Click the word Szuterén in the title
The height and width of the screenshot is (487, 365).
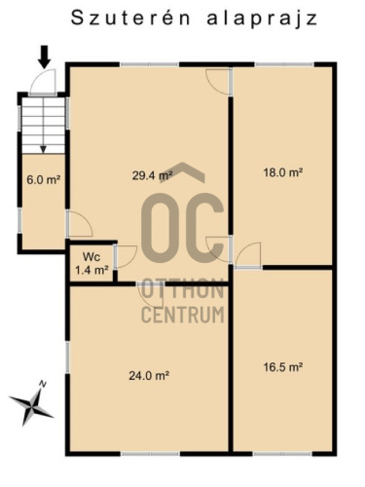(x=130, y=19)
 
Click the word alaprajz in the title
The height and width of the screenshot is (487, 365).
(x=262, y=19)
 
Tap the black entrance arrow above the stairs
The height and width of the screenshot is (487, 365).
(x=44, y=56)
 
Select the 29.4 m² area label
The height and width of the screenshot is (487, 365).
(x=152, y=175)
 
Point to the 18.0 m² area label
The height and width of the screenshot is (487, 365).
(x=283, y=172)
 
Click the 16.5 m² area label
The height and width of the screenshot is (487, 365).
(x=283, y=367)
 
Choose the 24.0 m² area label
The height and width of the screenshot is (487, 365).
(x=149, y=376)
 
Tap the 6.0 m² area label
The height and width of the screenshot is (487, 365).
(x=44, y=179)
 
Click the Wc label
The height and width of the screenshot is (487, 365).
(x=91, y=257)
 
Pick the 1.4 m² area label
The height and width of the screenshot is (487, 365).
(x=91, y=270)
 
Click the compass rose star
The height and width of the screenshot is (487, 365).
(x=31, y=406)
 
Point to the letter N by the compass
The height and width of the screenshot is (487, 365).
(x=42, y=384)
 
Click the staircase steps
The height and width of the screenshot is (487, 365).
(x=44, y=126)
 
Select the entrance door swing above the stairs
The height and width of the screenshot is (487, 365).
(x=43, y=81)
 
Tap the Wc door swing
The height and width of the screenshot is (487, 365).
(x=126, y=256)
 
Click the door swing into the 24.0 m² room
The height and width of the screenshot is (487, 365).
(x=151, y=295)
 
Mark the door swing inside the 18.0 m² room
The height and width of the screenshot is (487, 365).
(x=248, y=255)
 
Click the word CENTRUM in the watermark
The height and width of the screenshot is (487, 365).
(x=183, y=315)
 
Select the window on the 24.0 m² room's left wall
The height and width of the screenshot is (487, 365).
(x=67, y=357)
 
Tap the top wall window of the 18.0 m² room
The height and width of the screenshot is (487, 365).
(x=284, y=64)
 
